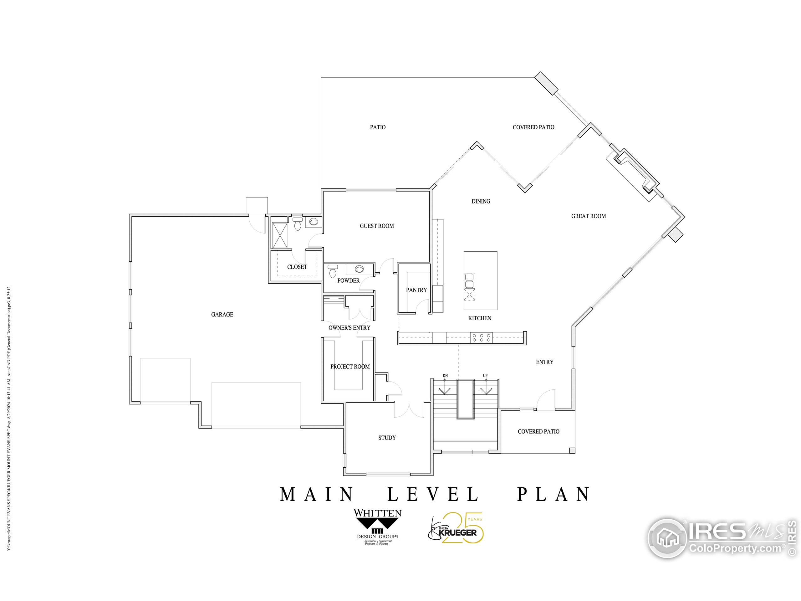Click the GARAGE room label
point(222,315)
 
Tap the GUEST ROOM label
point(377,226)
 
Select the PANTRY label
point(416,290)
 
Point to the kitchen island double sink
point(469,281)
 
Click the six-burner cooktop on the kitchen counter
point(481,338)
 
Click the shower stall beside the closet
point(279,235)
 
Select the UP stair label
point(485,375)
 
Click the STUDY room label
point(387,438)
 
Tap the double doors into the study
point(409,409)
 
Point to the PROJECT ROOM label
point(350,367)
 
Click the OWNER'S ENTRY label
point(349,327)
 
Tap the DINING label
point(481,201)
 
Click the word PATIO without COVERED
point(377,127)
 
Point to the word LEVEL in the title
point(433,495)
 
